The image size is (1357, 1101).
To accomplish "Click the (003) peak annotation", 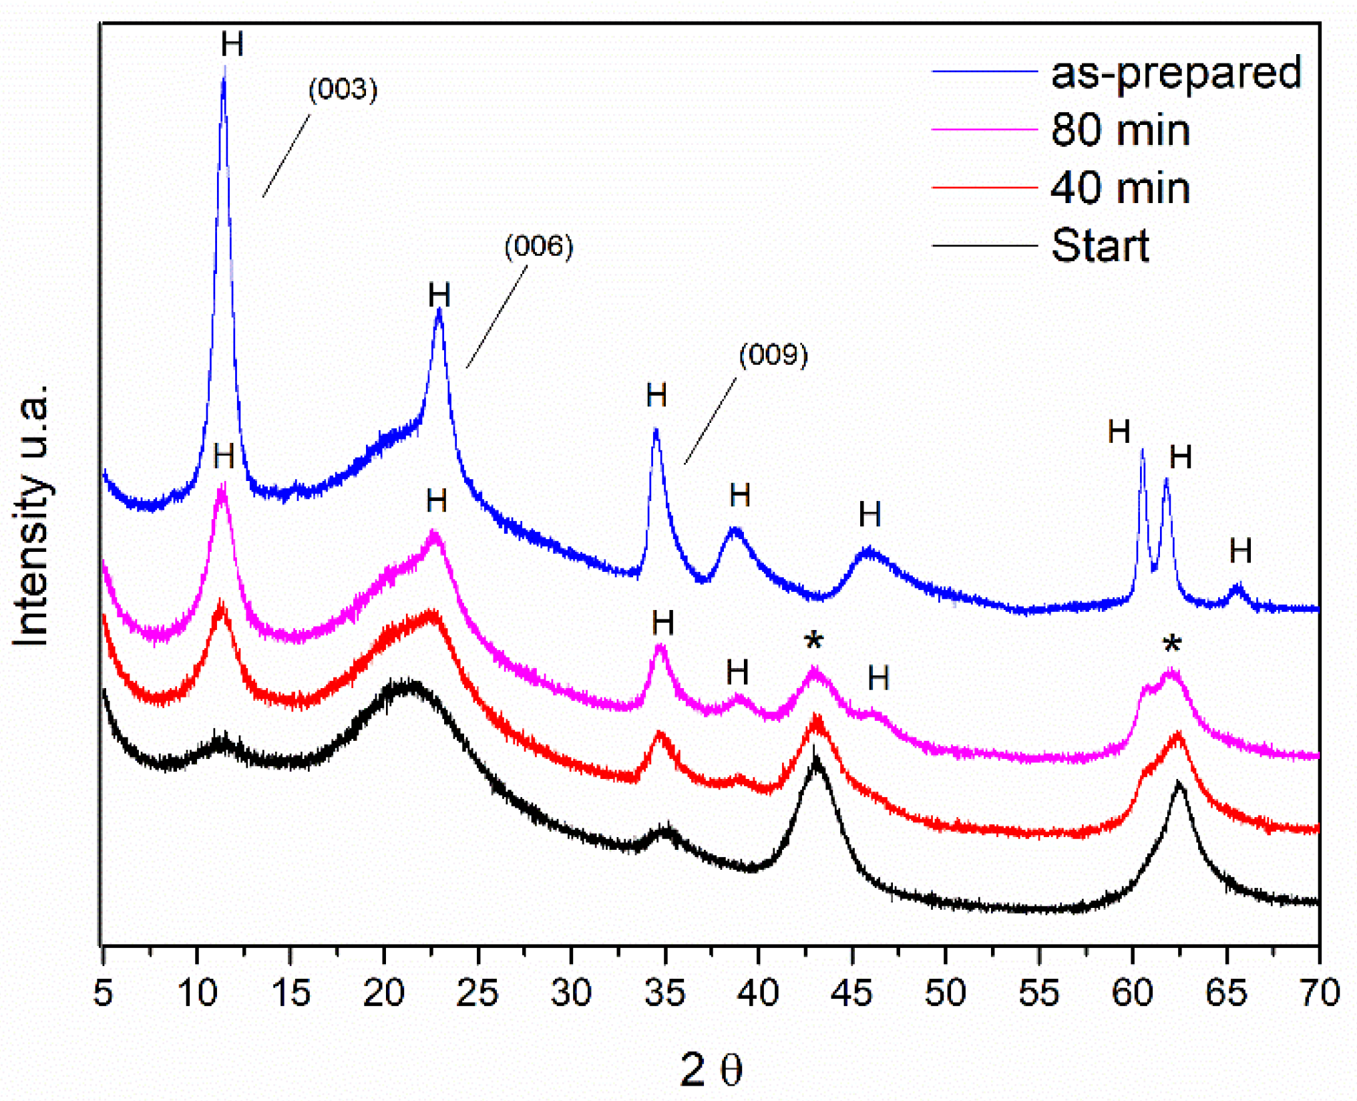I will (x=343, y=90).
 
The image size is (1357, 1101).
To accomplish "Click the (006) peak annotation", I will (x=538, y=247).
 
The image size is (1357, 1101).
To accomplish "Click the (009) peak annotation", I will (x=773, y=355).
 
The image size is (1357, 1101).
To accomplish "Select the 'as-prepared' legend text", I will (x=1176, y=72).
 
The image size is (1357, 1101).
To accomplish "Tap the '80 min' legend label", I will (x=1120, y=130).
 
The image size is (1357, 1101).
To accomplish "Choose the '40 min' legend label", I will (x=1120, y=188).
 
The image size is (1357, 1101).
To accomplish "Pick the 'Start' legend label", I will (x=1100, y=245).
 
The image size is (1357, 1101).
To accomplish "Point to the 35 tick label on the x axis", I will (x=664, y=993).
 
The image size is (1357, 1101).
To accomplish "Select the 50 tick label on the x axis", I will (x=945, y=993).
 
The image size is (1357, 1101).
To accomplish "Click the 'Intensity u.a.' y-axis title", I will (x=31, y=514).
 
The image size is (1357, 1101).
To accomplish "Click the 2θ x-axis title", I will (x=711, y=1070).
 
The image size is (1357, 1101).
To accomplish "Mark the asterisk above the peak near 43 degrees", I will (x=813, y=642).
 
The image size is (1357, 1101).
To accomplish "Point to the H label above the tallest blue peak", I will (x=232, y=45).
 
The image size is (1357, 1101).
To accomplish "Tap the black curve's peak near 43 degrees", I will (x=815, y=762).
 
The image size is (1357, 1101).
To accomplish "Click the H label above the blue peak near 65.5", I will (x=1240, y=551).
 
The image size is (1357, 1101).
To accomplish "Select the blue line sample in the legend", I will (x=984, y=71).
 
